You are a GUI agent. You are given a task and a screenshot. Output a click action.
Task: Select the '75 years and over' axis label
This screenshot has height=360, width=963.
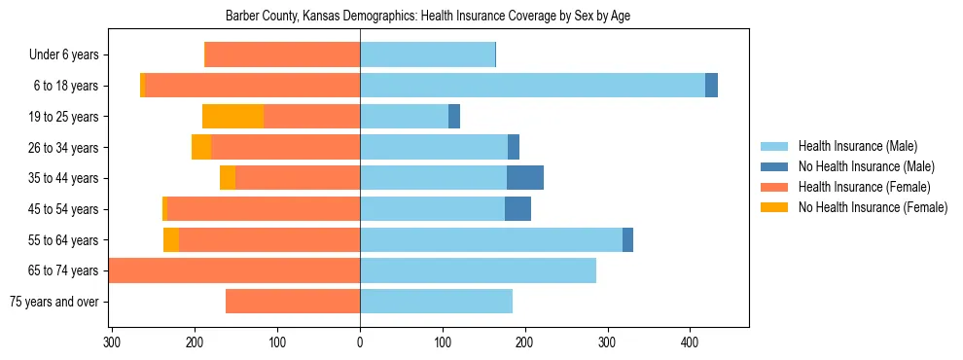(x=54, y=302)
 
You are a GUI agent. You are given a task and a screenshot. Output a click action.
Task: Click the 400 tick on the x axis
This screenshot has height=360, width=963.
(x=690, y=342)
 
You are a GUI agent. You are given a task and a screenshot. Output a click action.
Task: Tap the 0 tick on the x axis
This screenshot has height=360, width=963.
(x=360, y=342)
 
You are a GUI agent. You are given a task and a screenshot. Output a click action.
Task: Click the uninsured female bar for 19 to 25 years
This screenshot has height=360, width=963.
(x=232, y=117)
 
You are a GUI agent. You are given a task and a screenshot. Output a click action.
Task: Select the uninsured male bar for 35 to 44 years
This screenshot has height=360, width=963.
(x=525, y=178)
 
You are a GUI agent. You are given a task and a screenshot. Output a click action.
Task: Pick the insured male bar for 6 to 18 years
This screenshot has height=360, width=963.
(x=532, y=86)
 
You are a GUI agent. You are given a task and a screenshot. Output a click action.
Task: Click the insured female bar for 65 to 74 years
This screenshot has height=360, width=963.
(x=234, y=270)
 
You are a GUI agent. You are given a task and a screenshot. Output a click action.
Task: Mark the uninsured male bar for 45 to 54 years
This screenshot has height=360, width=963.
(x=517, y=209)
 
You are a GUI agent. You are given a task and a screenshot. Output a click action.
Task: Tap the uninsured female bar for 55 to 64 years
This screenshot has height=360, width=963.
(x=171, y=239)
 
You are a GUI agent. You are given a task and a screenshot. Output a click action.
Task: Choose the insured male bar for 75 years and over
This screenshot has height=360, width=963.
(x=436, y=302)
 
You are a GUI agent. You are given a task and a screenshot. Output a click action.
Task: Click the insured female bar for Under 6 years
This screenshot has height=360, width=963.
(x=282, y=55)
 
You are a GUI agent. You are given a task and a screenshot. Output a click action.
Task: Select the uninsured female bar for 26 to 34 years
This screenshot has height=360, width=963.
(x=201, y=147)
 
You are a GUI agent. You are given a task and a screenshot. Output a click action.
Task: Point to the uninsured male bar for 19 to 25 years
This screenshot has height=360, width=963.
(x=454, y=117)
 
